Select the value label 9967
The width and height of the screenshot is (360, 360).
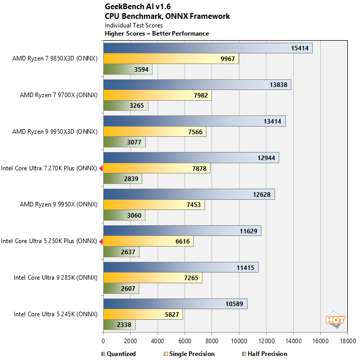[228, 59]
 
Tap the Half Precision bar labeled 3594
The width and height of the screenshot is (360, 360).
[128, 70]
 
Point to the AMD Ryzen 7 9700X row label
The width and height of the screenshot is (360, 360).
[58, 95]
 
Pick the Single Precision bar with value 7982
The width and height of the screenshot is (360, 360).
[157, 96]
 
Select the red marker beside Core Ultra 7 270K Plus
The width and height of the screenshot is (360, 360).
[101, 168]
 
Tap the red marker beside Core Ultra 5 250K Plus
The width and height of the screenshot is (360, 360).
[101, 241]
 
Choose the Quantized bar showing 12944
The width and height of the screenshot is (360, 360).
[191, 158]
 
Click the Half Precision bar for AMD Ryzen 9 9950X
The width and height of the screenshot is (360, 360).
[124, 216]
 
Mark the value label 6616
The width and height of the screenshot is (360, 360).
[183, 242]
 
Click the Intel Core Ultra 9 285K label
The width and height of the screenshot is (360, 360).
[55, 278]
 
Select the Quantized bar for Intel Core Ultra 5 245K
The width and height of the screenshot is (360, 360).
[175, 304]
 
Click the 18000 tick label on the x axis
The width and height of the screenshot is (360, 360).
[347, 341]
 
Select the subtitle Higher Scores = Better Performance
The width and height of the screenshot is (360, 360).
[157, 34]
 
